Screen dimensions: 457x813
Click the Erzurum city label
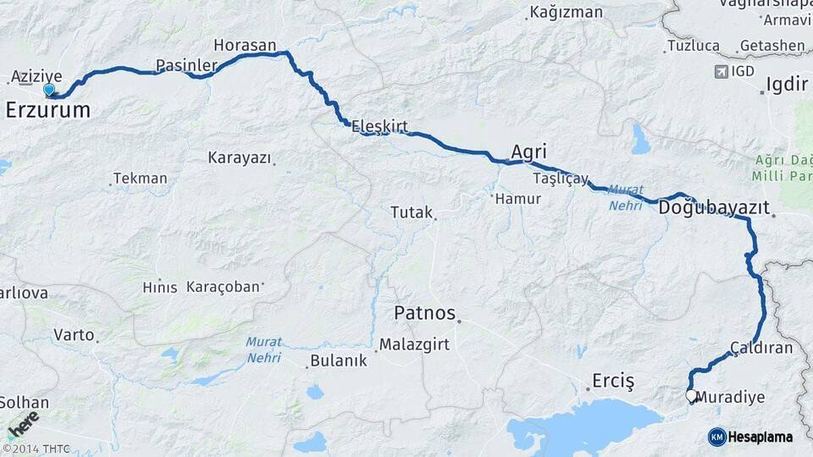[47, 109]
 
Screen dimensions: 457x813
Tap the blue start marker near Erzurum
[49, 90]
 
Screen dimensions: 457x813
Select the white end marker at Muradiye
[691, 395]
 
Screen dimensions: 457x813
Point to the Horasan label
[245, 45]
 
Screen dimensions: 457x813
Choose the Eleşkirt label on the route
[379, 126]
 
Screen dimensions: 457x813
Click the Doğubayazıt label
[713, 206]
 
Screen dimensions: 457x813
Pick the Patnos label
[425, 312]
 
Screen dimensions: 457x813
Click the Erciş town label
[613, 381]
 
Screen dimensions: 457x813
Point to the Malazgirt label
[411, 344]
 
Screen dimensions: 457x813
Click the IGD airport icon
[721, 71]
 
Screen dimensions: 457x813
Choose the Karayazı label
[239, 158]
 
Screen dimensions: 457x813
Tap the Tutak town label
[411, 212]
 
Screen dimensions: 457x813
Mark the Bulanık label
[339, 361]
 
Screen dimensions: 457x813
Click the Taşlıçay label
[561, 179]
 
